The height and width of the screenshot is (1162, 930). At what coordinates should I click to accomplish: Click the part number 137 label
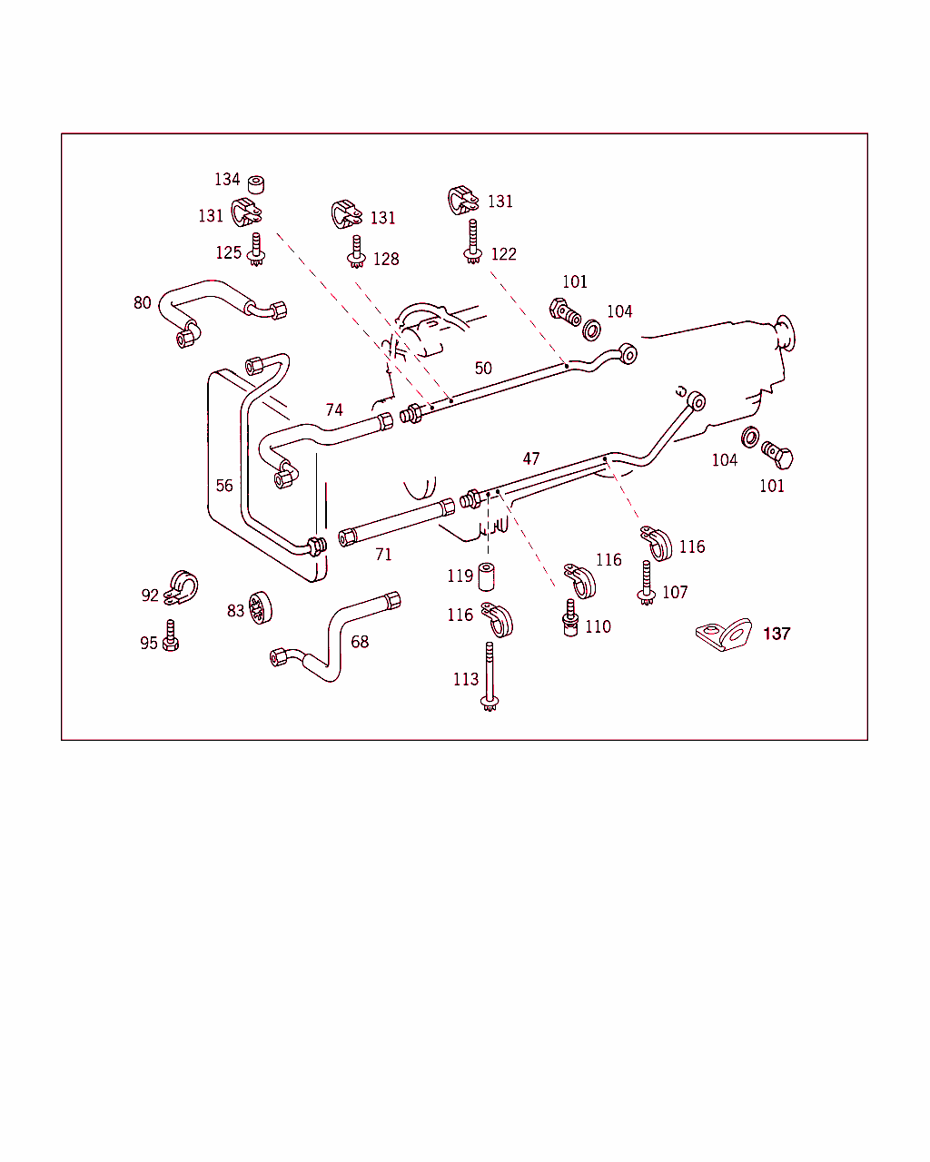pyautogui.click(x=777, y=634)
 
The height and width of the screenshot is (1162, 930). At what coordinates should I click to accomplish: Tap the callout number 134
pyautogui.click(x=227, y=180)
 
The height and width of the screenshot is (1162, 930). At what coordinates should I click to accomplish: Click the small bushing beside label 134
pyautogui.click(x=256, y=184)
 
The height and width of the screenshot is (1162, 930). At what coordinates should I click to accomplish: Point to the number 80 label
pyautogui.click(x=143, y=302)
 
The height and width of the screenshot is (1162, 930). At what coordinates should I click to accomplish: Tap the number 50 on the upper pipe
pyautogui.click(x=483, y=368)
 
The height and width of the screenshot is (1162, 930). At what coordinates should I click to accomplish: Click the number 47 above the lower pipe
pyautogui.click(x=531, y=459)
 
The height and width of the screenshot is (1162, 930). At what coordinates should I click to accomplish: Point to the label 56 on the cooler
pyautogui.click(x=224, y=486)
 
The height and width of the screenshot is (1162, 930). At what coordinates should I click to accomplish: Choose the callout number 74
pyautogui.click(x=334, y=410)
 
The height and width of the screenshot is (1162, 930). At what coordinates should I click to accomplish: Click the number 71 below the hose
pyautogui.click(x=384, y=554)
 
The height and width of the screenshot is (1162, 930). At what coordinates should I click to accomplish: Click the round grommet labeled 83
pyautogui.click(x=262, y=608)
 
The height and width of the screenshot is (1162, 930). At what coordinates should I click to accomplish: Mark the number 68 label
pyautogui.click(x=360, y=642)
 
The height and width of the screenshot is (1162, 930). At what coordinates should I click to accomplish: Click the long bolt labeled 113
pyautogui.click(x=490, y=676)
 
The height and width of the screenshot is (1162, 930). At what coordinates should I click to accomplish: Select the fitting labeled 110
pyautogui.click(x=571, y=619)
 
